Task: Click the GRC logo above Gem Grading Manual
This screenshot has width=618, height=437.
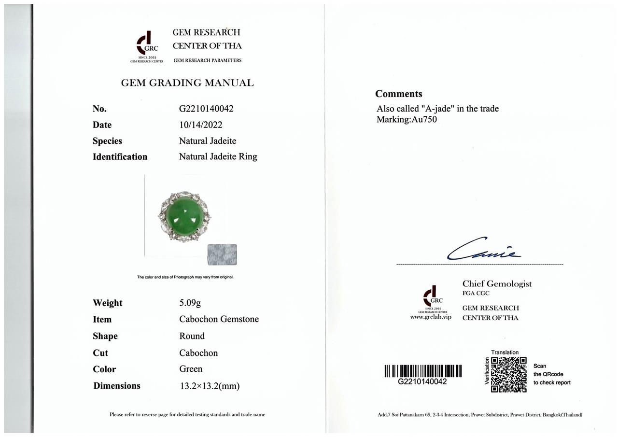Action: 147,44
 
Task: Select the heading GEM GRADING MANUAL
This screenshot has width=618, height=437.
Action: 187,83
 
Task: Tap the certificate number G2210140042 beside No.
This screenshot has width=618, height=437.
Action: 206,109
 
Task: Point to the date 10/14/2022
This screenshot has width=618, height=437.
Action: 200,125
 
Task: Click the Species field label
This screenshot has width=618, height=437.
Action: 107,141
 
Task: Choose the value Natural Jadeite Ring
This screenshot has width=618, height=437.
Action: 218,156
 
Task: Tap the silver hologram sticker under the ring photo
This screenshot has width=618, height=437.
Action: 222,254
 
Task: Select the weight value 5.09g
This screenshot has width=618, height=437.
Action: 190,303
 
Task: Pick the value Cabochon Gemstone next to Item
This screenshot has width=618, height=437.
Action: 219,319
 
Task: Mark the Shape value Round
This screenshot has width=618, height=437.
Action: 192,336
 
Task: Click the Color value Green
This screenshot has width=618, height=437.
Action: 191,369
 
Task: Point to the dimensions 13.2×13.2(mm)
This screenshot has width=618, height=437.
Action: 209,386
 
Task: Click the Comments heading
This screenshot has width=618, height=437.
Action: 398,94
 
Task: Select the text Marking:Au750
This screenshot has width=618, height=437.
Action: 407,119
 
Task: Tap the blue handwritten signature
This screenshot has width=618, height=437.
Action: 483,249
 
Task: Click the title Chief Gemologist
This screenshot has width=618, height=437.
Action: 497,284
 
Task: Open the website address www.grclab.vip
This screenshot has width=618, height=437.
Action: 431,317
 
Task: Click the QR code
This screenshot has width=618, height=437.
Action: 508,375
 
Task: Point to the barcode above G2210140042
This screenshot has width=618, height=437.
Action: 423,371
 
